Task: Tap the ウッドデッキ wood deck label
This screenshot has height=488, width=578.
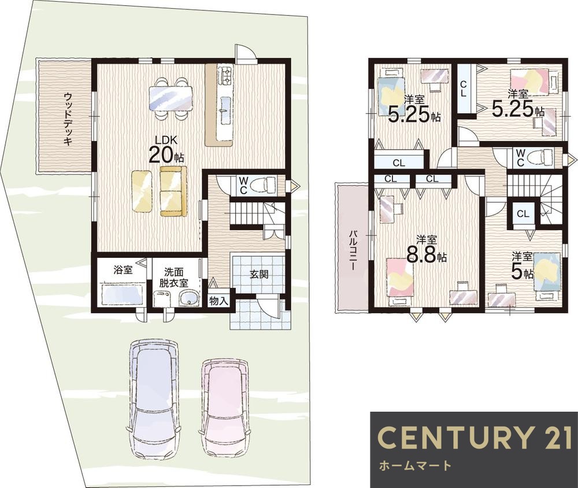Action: tap(68, 119)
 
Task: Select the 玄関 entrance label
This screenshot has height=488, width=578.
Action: tap(259, 275)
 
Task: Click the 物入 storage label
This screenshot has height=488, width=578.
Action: tap(219, 301)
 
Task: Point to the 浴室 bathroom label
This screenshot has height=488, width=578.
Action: tap(123, 270)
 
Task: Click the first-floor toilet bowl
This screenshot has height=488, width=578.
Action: tap(262, 184)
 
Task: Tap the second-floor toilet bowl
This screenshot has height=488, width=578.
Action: tap(540, 157)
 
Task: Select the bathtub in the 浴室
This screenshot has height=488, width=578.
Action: tap(122, 294)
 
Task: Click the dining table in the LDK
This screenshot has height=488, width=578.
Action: tap(171, 98)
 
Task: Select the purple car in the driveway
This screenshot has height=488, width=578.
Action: tap(154, 399)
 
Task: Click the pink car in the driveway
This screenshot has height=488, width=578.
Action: tap(226, 407)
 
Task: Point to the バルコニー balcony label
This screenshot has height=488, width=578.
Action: tap(354, 251)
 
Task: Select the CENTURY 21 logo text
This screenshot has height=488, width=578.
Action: tap(475, 437)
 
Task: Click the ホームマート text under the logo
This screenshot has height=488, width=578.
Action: tap(415, 465)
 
